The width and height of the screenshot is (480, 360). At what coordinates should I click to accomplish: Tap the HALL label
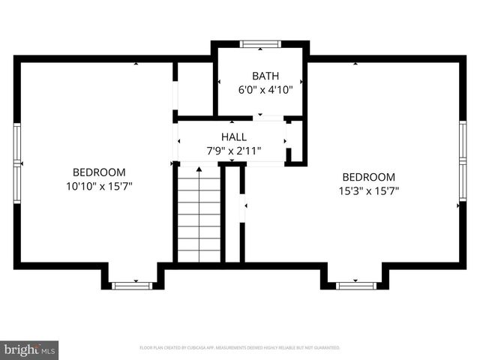click(x=233, y=136)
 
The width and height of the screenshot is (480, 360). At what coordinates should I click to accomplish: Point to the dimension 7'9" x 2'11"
click(x=233, y=151)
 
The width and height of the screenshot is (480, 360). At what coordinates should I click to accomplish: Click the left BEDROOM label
click(x=99, y=172)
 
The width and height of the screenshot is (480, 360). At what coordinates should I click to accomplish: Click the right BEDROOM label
click(x=367, y=177)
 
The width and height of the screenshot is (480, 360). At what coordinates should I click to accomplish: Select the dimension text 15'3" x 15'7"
click(x=367, y=190)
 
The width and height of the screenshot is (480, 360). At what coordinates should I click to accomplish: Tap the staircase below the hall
click(x=199, y=217)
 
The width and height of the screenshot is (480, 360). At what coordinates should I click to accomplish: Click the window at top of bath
click(x=260, y=44)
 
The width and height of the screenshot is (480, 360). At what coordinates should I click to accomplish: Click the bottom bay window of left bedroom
click(x=132, y=285)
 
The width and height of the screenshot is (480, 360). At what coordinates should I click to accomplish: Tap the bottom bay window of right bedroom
click(x=355, y=285)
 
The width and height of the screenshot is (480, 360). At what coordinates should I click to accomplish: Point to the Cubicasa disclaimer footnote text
click(x=240, y=348)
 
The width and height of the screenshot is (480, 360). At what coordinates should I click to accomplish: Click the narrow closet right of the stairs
click(x=232, y=214)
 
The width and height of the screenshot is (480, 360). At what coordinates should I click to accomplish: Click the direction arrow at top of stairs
click(x=199, y=170)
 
